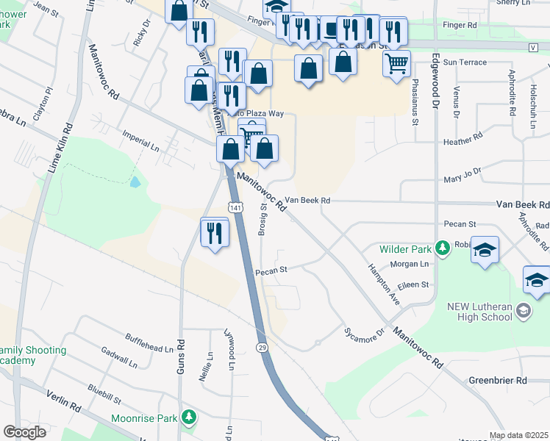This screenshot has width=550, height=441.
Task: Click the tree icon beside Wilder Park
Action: (443, 249)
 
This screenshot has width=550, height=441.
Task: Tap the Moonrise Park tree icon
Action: (190, 418)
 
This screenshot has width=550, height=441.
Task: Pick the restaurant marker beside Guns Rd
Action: (215, 233)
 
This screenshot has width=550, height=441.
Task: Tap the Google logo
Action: (24, 432)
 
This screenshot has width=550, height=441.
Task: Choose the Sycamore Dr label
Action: (365, 333)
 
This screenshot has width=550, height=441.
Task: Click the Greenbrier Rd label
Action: (498, 381)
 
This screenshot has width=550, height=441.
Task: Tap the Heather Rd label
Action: (463, 137)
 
